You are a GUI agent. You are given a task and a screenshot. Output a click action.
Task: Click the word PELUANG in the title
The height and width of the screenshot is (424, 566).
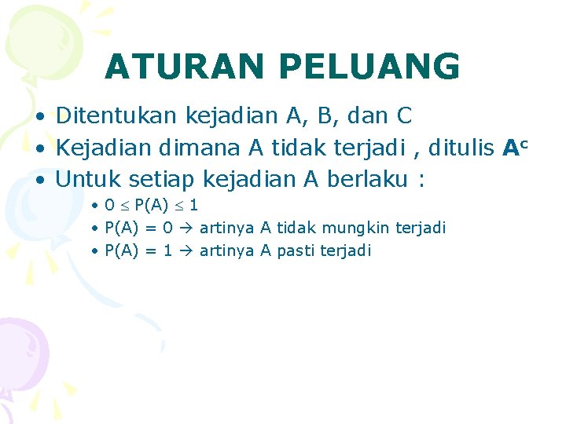pos(369,68)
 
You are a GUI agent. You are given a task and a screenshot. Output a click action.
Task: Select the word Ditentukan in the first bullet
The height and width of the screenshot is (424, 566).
pos(117,116)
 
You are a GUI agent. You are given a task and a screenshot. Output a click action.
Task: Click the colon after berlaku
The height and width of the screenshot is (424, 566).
pos(423,181)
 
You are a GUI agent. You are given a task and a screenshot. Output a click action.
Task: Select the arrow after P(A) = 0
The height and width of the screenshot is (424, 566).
pos(187,228)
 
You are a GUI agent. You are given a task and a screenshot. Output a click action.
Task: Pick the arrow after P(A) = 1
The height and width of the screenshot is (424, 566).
pos(187,251)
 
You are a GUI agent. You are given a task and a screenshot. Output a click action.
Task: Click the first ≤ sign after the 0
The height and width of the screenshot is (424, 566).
pos(124,206)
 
